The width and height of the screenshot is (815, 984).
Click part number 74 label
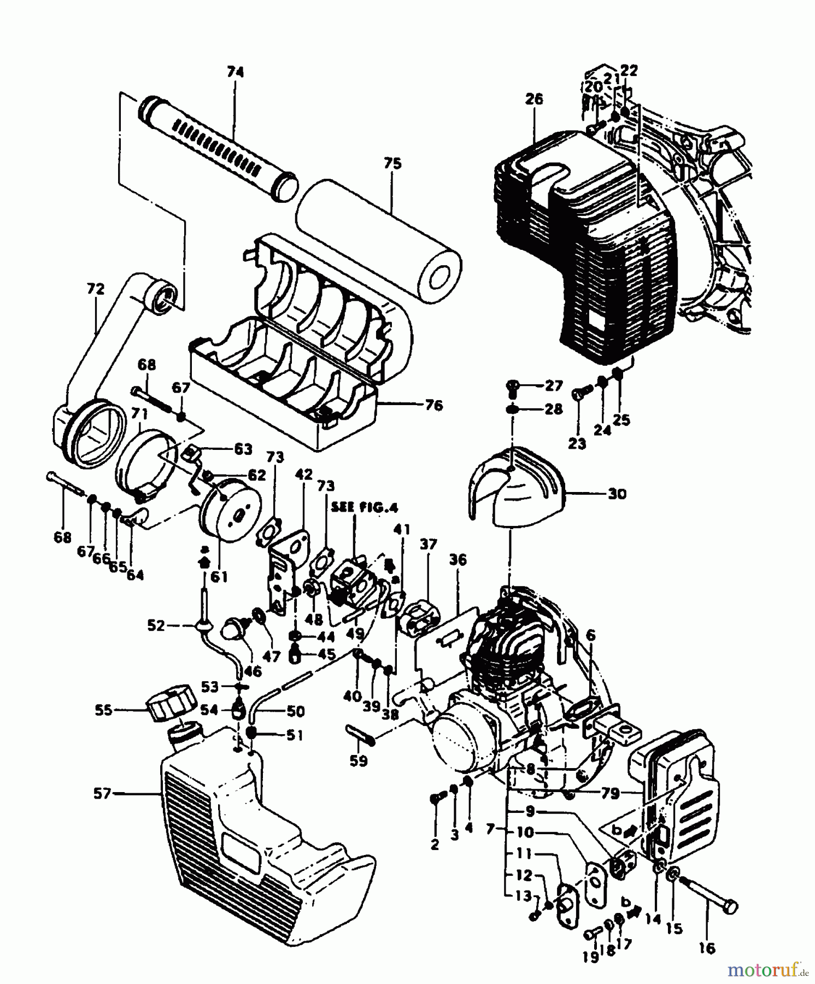click(236, 72)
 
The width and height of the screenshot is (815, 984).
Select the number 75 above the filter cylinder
click(392, 163)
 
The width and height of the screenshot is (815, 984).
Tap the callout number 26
click(534, 99)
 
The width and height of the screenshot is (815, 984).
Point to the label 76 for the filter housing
click(433, 406)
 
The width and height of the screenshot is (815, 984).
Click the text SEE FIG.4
click(364, 508)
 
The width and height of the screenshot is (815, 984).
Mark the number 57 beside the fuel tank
click(102, 793)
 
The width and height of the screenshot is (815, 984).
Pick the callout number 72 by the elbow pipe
click(96, 289)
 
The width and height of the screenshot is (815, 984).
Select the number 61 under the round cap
click(219, 577)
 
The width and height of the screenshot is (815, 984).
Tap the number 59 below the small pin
click(359, 760)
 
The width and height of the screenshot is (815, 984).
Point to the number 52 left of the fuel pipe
click(156, 625)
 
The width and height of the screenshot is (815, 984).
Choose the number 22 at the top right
click(629, 71)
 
